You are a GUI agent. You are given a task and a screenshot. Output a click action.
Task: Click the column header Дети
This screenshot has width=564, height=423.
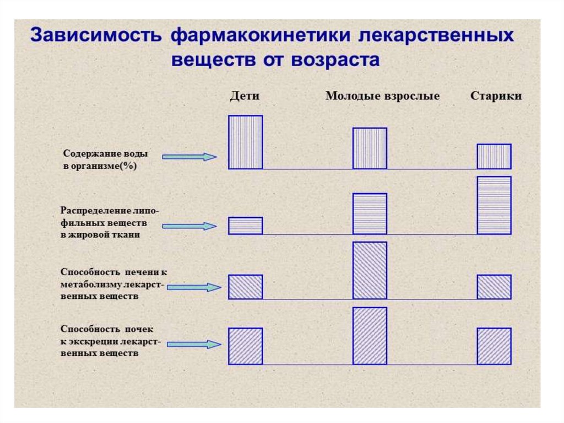[x=245, y=96]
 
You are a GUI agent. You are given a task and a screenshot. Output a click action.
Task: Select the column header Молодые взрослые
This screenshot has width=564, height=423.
[x=382, y=96]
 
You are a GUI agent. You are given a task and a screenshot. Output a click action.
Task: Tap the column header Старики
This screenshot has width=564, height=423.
[x=496, y=96]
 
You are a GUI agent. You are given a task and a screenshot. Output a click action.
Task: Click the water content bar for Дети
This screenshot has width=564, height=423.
[x=246, y=142]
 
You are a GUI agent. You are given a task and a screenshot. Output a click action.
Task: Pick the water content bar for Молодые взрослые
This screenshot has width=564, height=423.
[x=370, y=148]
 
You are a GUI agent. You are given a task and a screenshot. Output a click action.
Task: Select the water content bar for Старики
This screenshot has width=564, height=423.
[x=494, y=156]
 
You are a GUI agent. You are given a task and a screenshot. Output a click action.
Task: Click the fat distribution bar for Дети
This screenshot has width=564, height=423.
[x=246, y=226]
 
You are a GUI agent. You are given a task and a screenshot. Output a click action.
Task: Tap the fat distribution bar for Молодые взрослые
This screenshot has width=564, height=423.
[x=370, y=214]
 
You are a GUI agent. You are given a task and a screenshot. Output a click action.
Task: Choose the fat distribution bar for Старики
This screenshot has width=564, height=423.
[x=494, y=205]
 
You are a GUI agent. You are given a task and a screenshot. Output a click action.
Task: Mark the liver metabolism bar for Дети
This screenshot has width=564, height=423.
[x=246, y=287]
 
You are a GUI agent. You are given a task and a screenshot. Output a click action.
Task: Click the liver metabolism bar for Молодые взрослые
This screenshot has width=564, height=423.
[x=370, y=270]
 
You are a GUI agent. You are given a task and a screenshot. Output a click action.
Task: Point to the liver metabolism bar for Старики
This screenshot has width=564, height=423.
[x=494, y=287]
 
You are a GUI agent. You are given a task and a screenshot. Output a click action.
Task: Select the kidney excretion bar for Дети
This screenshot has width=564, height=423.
[x=246, y=346]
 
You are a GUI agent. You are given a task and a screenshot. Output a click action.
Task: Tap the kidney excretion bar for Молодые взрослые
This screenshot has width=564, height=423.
[x=370, y=335]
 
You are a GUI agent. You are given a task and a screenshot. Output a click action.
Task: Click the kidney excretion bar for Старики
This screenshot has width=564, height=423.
[x=494, y=346]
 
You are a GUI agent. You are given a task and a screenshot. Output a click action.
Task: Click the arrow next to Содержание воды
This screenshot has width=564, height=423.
[x=190, y=157]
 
